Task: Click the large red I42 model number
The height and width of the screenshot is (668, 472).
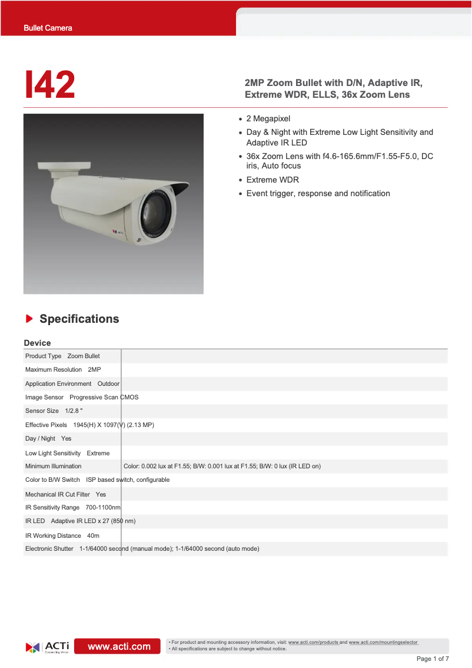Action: click(x=50, y=85)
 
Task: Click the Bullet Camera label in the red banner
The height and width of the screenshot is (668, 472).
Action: click(x=48, y=28)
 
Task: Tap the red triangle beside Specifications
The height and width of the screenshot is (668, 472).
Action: click(x=29, y=319)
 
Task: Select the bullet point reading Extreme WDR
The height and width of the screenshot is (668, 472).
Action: click(x=272, y=180)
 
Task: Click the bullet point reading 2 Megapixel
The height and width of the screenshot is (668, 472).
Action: click(x=268, y=118)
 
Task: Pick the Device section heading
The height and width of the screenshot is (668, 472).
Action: click(x=37, y=343)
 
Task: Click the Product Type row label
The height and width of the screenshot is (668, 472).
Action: click(x=43, y=356)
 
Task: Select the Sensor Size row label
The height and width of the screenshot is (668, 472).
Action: click(x=42, y=411)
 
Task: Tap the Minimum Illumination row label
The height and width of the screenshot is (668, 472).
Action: click(x=53, y=466)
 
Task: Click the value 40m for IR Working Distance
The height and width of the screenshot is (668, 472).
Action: click(x=93, y=535)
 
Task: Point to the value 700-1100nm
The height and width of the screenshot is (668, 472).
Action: click(x=103, y=507)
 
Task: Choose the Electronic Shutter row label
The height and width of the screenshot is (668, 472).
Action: click(x=49, y=548)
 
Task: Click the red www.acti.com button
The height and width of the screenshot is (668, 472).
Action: click(x=119, y=646)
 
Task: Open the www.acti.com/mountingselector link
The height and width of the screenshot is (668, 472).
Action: click(x=383, y=642)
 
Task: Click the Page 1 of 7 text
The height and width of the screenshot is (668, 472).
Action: click(x=433, y=659)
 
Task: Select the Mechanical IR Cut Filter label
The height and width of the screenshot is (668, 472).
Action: click(x=58, y=494)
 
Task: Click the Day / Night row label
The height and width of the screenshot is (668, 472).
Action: click(x=40, y=438)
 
